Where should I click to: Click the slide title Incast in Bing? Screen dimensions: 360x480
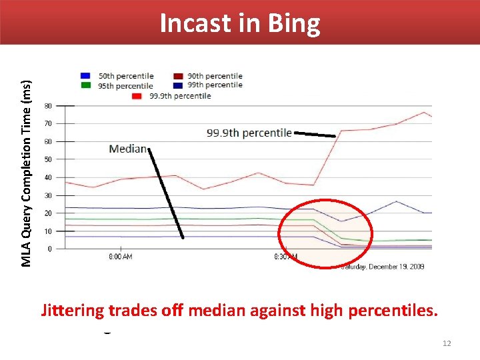coord(240,23)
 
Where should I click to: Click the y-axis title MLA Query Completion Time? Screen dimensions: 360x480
coord(26,173)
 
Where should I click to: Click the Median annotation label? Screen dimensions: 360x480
coord(127,148)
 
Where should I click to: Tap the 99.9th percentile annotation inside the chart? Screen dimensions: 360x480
coord(249,133)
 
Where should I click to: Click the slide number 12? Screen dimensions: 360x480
coord(447,343)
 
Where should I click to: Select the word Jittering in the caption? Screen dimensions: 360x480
coord(73,311)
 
